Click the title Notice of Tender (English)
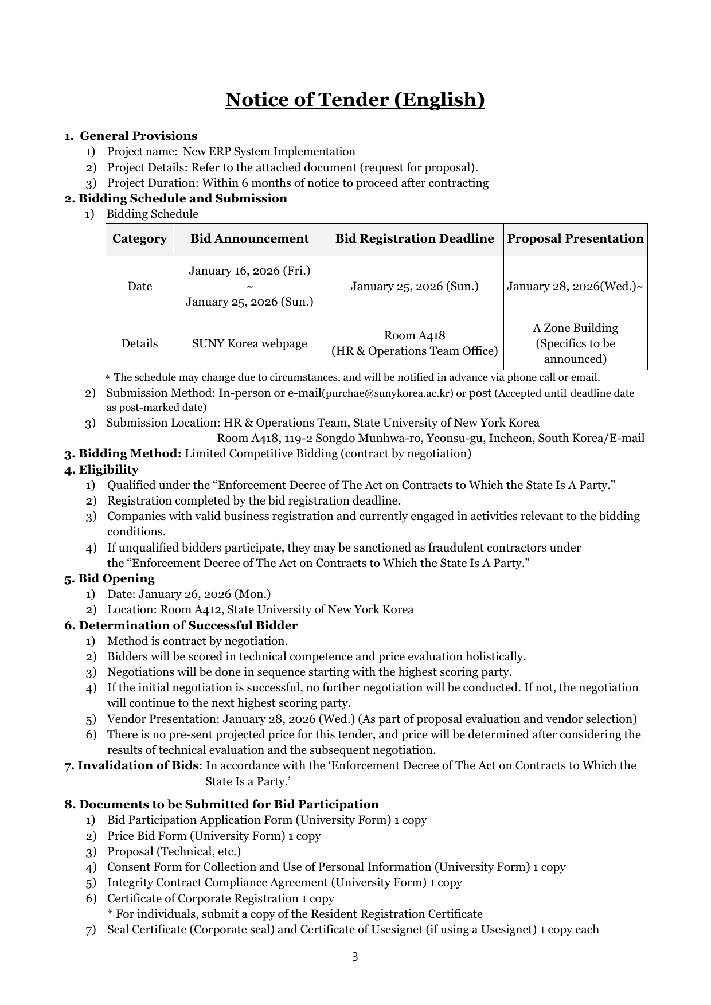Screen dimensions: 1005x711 (355, 100)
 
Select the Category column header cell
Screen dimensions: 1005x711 (139, 239)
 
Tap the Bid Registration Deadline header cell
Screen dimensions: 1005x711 (415, 239)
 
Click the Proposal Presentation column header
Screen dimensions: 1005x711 (575, 239)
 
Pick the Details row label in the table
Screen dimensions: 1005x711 (139, 344)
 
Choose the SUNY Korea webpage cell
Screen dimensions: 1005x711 (249, 344)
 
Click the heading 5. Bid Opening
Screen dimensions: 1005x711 (110, 578)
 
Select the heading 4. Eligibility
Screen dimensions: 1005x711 (101, 470)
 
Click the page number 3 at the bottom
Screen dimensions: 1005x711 (355, 957)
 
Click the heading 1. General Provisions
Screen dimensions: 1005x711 (131, 136)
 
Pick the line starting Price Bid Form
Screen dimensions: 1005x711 (214, 836)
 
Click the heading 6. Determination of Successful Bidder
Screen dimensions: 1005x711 (181, 625)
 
